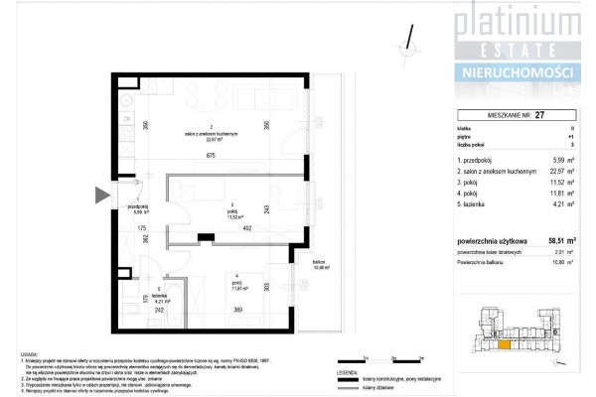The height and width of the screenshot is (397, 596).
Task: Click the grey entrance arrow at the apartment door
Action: [x=102, y=196]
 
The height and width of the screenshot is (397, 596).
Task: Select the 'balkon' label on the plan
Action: [x=320, y=262]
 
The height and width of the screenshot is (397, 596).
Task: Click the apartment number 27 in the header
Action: [x=540, y=115]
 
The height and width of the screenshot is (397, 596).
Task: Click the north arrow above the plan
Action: [x=406, y=37]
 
